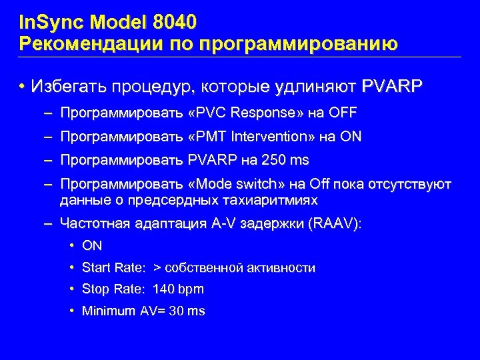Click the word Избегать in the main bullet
tap(66, 87)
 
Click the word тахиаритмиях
tap(281, 200)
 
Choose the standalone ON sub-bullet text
tap(92, 246)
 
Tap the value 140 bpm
tap(179, 289)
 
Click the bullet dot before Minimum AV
tap(71, 311)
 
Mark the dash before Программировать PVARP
tap(47, 161)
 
